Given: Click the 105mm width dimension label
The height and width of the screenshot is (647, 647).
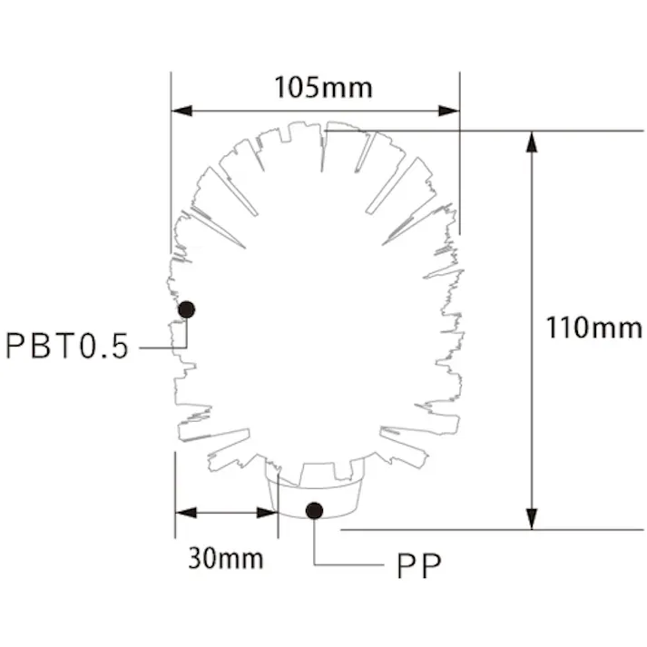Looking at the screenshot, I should (x=323, y=87).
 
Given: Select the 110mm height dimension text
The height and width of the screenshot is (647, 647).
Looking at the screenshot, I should (x=593, y=327).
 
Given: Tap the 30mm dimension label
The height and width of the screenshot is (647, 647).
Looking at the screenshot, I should (x=226, y=556).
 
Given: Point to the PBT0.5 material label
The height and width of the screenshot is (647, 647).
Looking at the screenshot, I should (x=68, y=346).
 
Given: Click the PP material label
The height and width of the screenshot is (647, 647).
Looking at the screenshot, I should (x=418, y=567).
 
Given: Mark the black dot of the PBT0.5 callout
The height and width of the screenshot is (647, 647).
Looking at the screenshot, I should (x=187, y=309).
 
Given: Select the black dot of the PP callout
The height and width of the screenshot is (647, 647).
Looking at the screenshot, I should (x=314, y=510).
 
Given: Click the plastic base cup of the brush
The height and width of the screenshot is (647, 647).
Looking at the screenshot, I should (x=318, y=495).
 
